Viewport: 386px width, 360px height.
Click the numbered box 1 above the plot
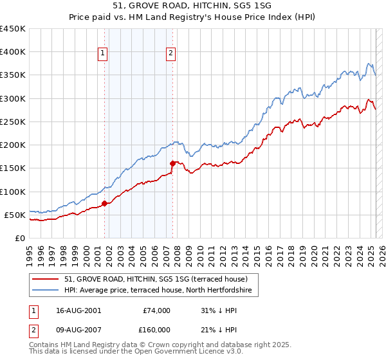coord(103,54)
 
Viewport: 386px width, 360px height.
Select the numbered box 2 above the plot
coord(171,54)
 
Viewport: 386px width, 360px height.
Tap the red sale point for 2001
coord(104,204)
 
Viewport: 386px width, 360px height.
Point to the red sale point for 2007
coord(172,163)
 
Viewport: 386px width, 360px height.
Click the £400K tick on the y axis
coord(13,52)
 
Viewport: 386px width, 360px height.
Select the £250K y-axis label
coord(13,122)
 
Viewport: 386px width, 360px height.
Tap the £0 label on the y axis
coord(19,238)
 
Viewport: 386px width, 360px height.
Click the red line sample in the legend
coord(46,278)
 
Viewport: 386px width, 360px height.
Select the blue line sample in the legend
coord(46,291)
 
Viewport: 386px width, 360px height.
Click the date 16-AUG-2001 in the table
coord(78,310)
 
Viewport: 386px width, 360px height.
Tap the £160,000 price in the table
coord(156,330)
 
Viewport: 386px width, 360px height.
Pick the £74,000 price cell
coord(156,310)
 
